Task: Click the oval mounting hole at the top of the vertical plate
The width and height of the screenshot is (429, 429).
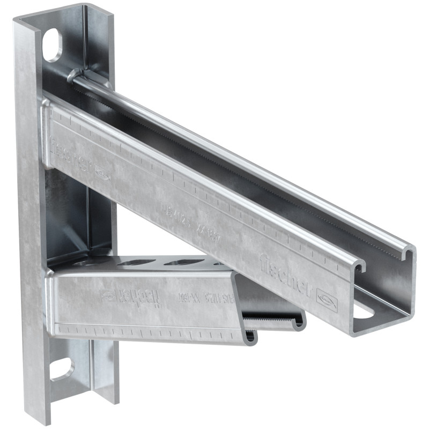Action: [53, 45]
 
